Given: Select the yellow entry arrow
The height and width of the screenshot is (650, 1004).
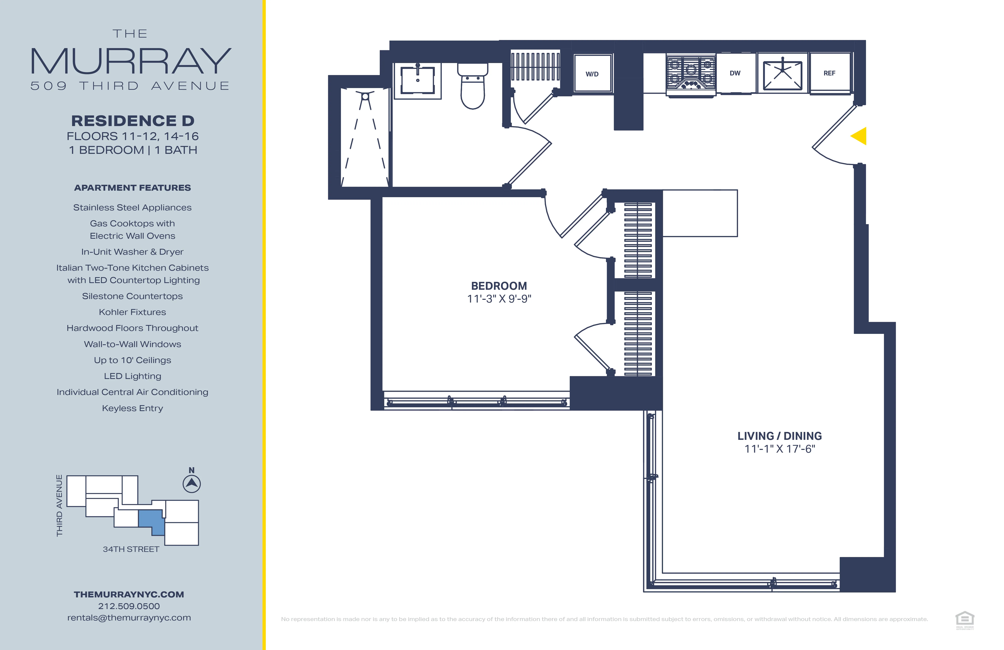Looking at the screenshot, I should click(x=859, y=136).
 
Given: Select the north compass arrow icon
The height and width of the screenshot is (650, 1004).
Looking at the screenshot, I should click(x=192, y=484).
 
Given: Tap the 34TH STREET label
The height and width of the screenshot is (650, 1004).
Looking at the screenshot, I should click(x=131, y=549).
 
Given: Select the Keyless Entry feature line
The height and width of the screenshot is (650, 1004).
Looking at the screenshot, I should click(x=132, y=408).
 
